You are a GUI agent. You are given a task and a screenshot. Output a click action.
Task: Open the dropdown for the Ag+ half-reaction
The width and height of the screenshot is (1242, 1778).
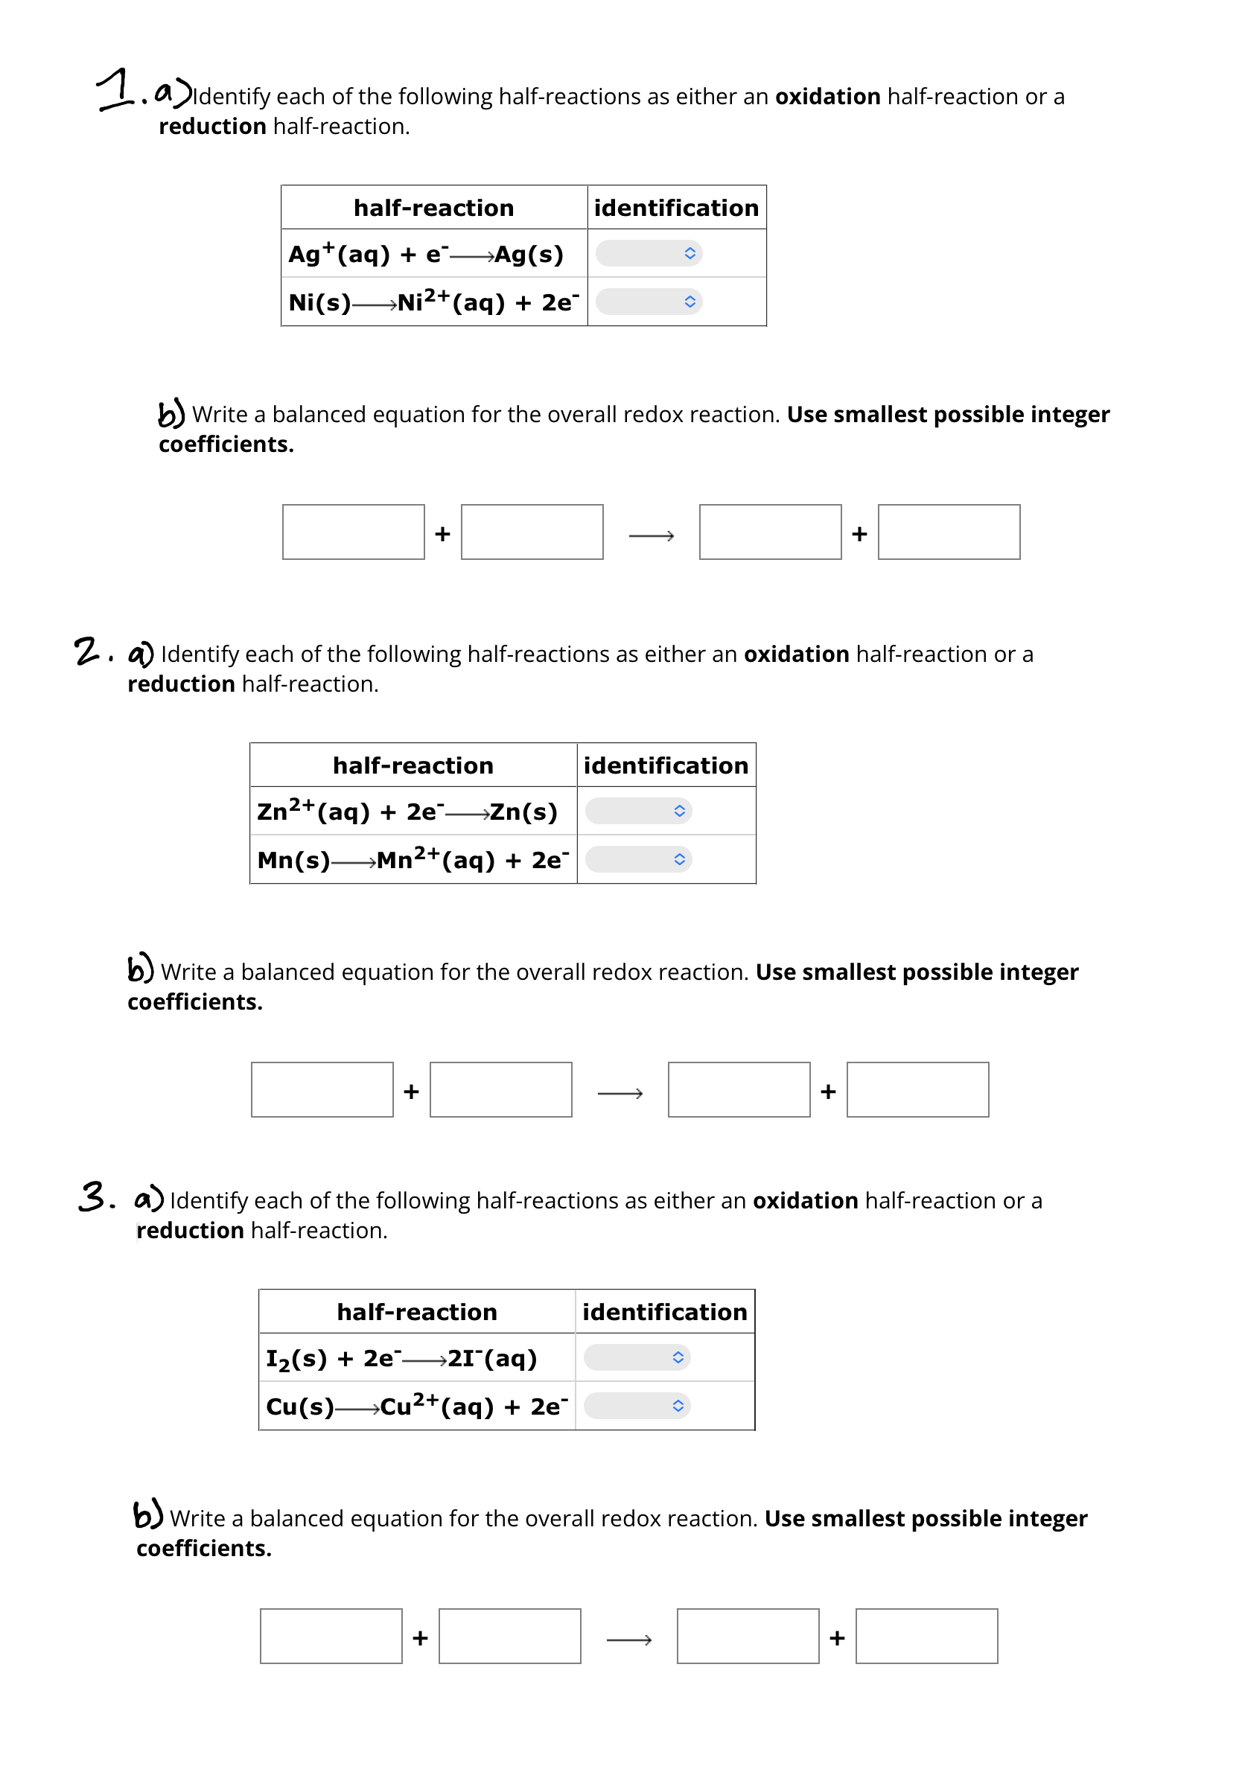click(648, 253)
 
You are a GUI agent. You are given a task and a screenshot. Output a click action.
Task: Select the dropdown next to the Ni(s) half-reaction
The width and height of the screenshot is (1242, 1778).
click(648, 302)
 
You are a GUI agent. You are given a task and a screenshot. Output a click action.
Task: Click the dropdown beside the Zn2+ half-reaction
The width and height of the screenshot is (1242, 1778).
click(638, 811)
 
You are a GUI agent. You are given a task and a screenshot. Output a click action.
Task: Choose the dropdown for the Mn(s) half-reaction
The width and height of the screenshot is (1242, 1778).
click(638, 858)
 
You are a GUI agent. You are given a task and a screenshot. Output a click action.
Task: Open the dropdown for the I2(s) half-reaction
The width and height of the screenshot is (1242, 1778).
click(637, 1357)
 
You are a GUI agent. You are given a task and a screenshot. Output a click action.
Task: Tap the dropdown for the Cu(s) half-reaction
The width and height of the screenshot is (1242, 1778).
click(637, 1406)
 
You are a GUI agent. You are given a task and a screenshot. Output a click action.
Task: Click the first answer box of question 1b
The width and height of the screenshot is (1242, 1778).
click(353, 532)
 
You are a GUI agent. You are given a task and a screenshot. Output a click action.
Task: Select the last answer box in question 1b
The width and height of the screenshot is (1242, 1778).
click(949, 532)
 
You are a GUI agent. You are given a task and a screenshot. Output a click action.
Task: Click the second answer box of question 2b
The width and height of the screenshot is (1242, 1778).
click(501, 1089)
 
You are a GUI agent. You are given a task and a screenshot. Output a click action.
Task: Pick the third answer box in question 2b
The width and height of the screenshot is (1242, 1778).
click(739, 1089)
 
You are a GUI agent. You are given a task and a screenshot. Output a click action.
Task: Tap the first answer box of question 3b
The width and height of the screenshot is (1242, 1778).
click(331, 1637)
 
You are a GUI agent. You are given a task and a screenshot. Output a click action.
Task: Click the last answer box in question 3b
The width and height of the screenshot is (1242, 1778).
click(926, 1637)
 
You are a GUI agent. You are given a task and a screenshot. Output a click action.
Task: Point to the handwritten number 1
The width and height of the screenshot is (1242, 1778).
click(116, 89)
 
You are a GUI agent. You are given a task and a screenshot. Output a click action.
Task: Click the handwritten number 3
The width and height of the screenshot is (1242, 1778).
click(93, 1197)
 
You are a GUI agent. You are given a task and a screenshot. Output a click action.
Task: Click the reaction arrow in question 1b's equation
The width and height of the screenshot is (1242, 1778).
click(652, 535)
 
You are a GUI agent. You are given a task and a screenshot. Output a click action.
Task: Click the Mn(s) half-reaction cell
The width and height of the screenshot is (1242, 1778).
click(413, 859)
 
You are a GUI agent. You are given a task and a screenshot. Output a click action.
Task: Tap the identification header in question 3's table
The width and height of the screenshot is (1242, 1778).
click(664, 1312)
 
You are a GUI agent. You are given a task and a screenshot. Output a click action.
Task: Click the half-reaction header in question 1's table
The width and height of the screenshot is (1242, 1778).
click(433, 208)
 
